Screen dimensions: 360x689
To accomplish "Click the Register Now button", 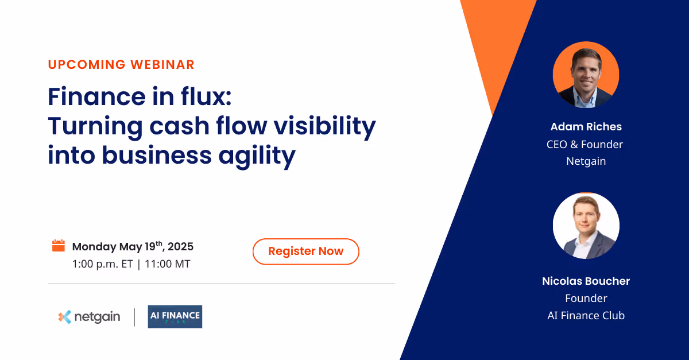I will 305,251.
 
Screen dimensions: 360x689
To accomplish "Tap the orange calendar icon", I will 58,246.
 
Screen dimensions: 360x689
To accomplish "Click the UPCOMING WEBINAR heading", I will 121,64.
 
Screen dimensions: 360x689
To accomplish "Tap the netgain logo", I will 89,317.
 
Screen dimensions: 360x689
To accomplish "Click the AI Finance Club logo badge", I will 175,316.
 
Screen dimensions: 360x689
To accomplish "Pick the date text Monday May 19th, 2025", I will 133,247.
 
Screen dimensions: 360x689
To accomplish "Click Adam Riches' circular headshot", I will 586,75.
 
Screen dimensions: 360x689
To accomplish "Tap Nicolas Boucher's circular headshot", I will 586,226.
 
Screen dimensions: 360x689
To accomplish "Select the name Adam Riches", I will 586,127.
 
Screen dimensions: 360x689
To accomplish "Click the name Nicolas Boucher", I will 586,281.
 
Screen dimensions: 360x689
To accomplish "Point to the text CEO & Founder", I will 585,144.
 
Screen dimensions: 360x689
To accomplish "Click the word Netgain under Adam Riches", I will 586,161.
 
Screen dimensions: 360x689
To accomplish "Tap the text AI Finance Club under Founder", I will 586,315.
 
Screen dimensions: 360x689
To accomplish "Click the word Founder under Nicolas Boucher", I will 586,298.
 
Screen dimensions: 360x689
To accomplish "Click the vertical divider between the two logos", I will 135,317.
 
